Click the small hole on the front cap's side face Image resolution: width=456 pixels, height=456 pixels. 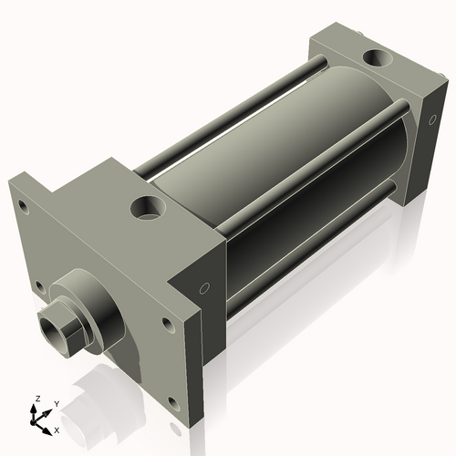204,289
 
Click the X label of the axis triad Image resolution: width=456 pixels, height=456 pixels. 57,429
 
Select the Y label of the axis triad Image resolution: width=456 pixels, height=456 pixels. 56,404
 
